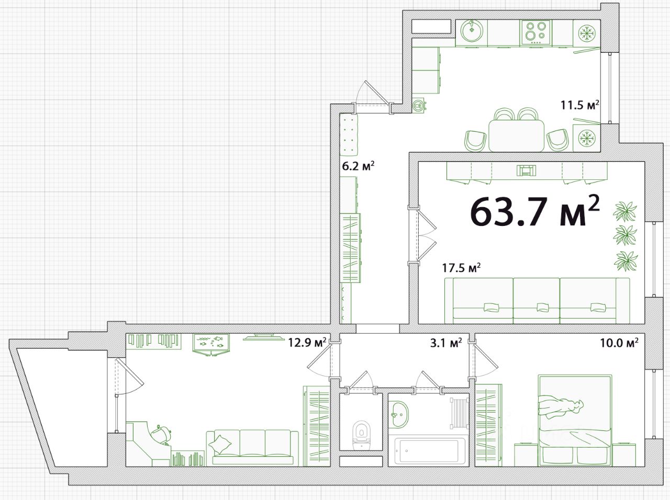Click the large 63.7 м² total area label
pyautogui.click(x=535, y=211)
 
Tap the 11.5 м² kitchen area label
pyautogui.click(x=579, y=105)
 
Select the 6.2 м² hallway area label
pyautogui.click(x=358, y=166)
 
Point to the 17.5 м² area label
pyautogui.click(x=462, y=268)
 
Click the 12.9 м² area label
pyautogui.click(x=308, y=343)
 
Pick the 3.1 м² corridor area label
pyautogui.click(x=446, y=343)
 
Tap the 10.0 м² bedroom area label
pyautogui.click(x=619, y=343)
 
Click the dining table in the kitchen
pyautogui.click(x=517, y=135)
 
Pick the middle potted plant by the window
pyautogui.click(x=624, y=235)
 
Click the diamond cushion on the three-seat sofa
pyautogui.click(x=220, y=444)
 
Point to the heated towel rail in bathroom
pyautogui.click(x=459, y=413)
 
